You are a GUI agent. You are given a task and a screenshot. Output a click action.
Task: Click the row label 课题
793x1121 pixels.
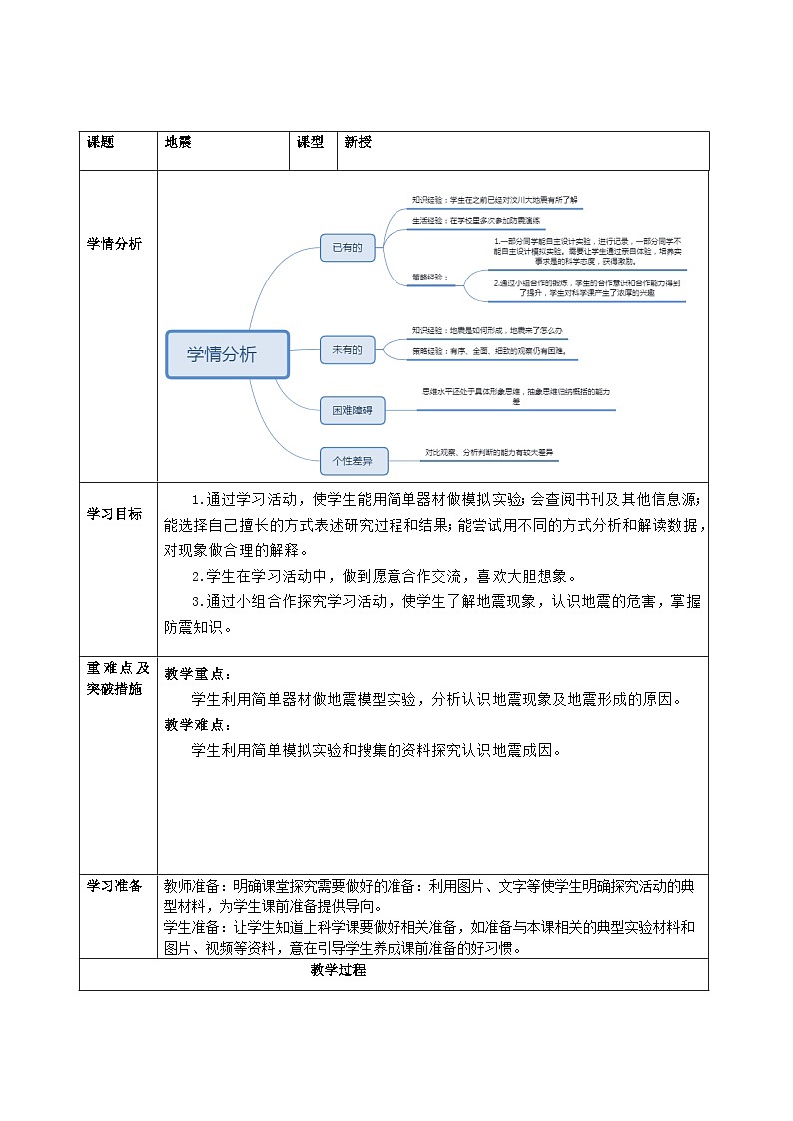(101, 143)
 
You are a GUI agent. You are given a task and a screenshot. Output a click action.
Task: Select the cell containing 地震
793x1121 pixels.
(178, 143)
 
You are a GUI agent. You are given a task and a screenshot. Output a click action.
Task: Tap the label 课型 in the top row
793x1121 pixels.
(310, 143)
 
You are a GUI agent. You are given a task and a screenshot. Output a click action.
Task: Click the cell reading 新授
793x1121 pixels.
(357, 143)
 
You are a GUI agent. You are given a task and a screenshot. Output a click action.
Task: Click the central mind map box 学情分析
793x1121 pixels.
(227, 355)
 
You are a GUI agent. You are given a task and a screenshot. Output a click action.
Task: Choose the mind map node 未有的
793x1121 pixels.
(347, 349)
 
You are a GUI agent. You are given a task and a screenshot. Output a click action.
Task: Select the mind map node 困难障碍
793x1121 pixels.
(352, 409)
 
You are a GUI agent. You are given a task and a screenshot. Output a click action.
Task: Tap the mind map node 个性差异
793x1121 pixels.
(352, 461)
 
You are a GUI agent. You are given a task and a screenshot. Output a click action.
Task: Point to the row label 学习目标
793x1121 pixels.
(114, 514)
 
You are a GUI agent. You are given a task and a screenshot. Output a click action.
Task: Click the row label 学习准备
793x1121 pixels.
(114, 886)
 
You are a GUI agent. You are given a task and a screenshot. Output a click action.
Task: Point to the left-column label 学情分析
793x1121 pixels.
(114, 244)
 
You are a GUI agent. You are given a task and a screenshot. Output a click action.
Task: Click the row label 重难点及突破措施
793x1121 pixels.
(117, 679)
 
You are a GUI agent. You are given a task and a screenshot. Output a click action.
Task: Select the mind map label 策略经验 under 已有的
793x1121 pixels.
(430, 277)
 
